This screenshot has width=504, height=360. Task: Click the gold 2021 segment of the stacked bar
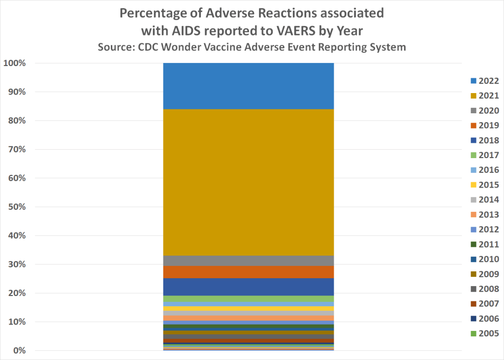point(249,182)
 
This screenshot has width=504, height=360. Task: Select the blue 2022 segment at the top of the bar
point(249,86)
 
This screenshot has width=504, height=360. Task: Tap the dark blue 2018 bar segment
point(249,287)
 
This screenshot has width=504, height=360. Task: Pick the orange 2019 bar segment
point(249,272)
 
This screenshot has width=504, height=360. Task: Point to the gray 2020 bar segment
point(249,261)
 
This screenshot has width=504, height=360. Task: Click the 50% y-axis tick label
point(17,207)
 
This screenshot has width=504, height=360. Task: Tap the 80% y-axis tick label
point(17,121)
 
